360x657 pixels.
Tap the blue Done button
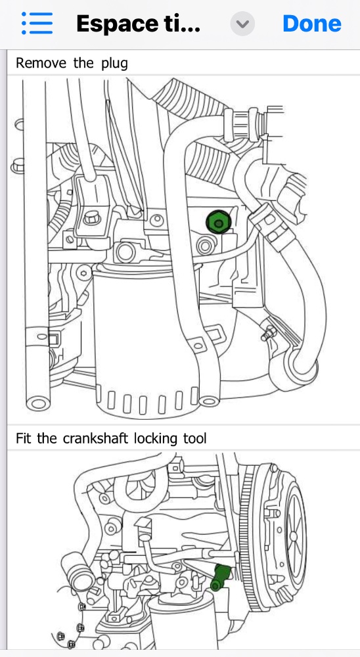click(x=312, y=24)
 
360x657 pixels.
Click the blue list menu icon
click(x=37, y=23)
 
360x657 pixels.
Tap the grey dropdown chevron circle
click(x=242, y=24)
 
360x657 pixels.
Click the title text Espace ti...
click(x=138, y=24)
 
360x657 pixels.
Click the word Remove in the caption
click(x=41, y=63)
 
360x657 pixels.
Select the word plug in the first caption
click(x=114, y=64)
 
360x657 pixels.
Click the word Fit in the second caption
click(x=24, y=439)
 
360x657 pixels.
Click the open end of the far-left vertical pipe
click(x=37, y=404)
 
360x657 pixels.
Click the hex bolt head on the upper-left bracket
click(x=91, y=217)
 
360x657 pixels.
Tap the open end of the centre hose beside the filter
click(x=208, y=401)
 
